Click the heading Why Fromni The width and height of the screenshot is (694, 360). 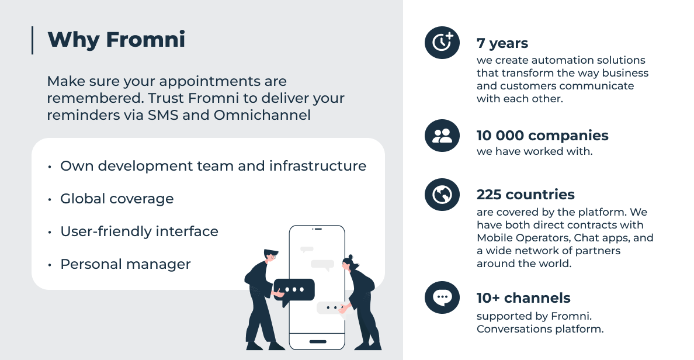tap(116, 40)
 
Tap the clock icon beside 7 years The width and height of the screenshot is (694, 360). tap(442, 43)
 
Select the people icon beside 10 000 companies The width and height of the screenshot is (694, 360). tap(442, 136)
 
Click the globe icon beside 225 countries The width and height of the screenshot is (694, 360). tap(442, 195)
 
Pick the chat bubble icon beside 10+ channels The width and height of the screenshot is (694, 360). tap(442, 297)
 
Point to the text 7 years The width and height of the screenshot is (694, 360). tap(502, 43)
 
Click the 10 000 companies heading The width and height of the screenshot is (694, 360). tap(543, 136)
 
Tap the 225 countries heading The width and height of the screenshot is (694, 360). tap(526, 195)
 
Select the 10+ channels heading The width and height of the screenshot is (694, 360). tap(523, 298)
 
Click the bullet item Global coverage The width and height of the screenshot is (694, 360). tap(117, 199)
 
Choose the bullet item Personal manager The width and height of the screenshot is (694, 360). tap(126, 264)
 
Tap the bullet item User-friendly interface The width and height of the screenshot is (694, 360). tap(140, 231)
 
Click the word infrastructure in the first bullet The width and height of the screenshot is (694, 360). tap(318, 165)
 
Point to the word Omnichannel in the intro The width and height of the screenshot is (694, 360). tap(262, 115)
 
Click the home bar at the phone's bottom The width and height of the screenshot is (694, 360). tap(318, 341)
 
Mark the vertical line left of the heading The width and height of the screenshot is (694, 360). tap(32, 40)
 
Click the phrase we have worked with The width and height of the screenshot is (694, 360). tap(535, 151)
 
